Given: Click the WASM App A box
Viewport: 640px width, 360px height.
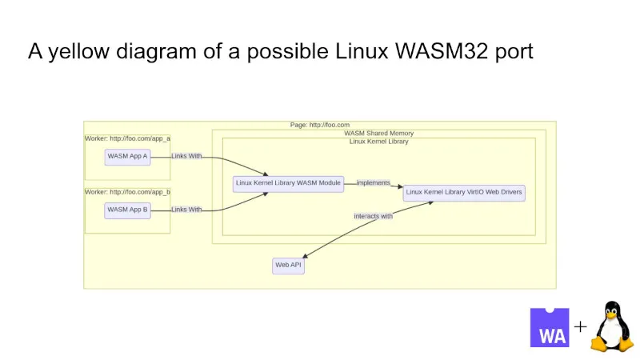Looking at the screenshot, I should point(128,156).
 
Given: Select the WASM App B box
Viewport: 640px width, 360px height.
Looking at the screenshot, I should point(128,210).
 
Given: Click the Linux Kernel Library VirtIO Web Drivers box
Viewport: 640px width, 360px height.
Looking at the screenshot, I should point(464,192).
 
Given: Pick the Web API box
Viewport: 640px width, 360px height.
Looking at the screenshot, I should point(288,265).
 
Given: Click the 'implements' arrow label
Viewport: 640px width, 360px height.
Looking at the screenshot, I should point(373,183).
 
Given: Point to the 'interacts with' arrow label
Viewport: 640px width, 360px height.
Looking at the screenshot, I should point(373,216).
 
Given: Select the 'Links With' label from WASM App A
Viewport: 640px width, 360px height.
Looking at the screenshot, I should point(186,156).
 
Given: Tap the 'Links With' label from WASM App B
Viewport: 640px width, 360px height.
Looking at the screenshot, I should point(186,210).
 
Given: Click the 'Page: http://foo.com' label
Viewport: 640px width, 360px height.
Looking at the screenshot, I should point(319,125).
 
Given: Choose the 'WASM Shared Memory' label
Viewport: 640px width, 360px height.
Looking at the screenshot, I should point(378,133).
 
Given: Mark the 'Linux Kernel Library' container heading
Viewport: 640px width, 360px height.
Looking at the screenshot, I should point(378,142).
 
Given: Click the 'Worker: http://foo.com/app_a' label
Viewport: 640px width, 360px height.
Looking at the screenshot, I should point(128,138).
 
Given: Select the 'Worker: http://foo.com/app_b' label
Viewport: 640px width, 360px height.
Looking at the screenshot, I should point(128,192).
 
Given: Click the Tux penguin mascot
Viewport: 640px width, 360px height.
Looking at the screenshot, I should point(612,326).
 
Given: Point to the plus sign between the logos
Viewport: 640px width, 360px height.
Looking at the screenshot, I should point(580,326).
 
